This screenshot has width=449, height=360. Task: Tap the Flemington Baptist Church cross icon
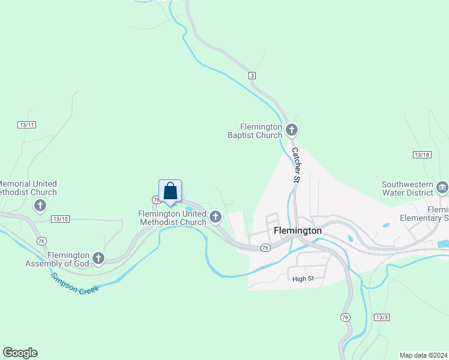(292, 130)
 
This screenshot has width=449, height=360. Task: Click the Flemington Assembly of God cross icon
(99, 259)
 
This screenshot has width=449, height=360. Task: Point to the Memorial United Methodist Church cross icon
(40, 206)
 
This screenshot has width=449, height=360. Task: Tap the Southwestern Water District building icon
(442, 187)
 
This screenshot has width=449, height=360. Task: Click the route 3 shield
(253, 75)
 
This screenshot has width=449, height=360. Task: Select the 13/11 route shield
(27, 125)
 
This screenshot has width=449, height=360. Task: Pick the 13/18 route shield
(422, 155)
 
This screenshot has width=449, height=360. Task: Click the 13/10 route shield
(60, 218)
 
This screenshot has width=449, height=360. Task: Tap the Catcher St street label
(296, 166)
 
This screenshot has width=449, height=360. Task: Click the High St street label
(303, 278)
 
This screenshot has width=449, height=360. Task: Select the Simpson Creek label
(74, 283)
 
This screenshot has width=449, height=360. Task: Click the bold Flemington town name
(298, 230)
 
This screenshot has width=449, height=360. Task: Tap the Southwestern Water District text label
(408, 188)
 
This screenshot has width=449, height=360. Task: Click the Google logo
(20, 353)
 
